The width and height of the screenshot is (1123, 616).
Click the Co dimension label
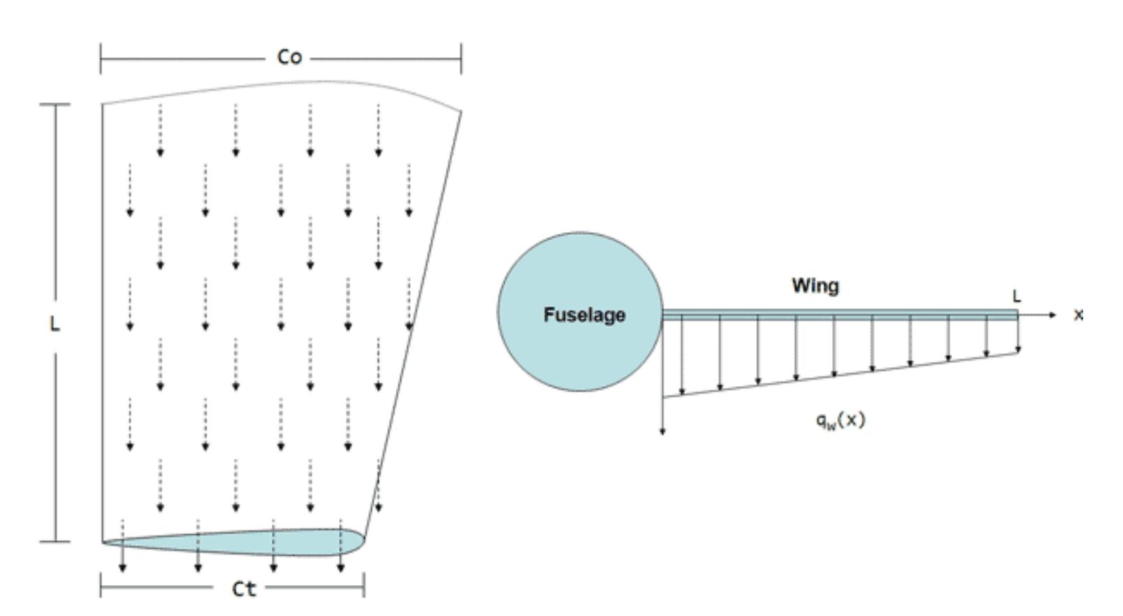pyautogui.click(x=289, y=57)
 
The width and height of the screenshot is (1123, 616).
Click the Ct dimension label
pyautogui.click(x=244, y=589)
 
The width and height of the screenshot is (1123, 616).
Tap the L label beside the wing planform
pyautogui.click(x=55, y=324)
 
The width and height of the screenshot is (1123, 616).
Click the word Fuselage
pyautogui.click(x=584, y=315)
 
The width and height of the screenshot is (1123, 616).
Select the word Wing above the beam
pyautogui.click(x=815, y=285)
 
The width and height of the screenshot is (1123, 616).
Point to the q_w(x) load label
pyautogui.click(x=840, y=420)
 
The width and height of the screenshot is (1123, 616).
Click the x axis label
pyautogui.click(x=1078, y=315)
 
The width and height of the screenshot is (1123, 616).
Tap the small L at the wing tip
pyautogui.click(x=1016, y=296)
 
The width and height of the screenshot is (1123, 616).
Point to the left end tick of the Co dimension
pyautogui.click(x=101, y=58)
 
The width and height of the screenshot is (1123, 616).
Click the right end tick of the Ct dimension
pyautogui.click(x=364, y=586)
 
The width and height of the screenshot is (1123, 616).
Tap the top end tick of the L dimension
pyautogui.click(x=55, y=105)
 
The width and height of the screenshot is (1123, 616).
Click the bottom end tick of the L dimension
pyautogui.click(x=55, y=541)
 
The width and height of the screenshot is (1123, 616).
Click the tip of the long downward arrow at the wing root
pyautogui.click(x=662, y=432)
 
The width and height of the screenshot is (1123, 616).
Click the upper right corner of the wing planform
pyautogui.click(x=461, y=111)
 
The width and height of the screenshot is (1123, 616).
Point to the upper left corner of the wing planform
pyautogui.click(x=103, y=105)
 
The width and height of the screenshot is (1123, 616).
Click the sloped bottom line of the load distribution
pyautogui.click(x=839, y=375)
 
